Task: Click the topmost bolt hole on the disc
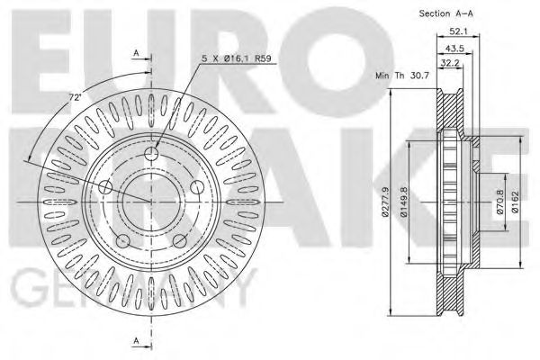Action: (150, 156)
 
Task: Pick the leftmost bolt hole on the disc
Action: (105, 188)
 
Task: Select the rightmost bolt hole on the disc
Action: (195, 187)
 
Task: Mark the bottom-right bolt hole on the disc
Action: (178, 240)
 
